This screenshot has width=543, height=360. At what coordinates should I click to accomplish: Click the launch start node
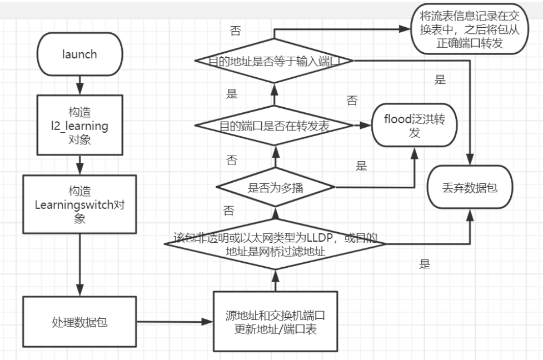pos(79,54)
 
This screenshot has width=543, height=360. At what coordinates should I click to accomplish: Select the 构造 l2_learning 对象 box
pos(79,125)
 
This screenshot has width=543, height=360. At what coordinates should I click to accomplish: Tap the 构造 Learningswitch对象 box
pos(79,204)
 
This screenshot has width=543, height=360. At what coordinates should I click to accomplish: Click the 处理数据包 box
pos(79,322)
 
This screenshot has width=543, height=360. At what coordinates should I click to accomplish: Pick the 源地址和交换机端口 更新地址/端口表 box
pos(275,322)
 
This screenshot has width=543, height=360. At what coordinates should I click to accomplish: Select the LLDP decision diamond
pos(275,244)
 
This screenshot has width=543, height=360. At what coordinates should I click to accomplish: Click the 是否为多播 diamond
pos(275,187)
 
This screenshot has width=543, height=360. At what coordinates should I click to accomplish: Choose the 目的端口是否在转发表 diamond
pos(274,126)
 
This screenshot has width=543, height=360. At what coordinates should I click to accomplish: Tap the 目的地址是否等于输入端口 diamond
pos(274,61)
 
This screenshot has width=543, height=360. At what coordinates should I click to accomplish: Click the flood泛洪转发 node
pos(415,126)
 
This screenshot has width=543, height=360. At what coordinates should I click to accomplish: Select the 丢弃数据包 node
pos(470,187)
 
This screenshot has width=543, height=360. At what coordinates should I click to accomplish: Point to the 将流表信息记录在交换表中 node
pos(470,29)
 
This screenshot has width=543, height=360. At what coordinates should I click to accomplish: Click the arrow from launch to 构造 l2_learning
pos(80,85)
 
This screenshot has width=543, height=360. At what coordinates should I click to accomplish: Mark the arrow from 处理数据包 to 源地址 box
pos(175,322)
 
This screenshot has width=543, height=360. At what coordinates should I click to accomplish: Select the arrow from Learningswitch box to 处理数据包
pos(80,265)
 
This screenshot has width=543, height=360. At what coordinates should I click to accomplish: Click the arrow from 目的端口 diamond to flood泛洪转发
pos(362,126)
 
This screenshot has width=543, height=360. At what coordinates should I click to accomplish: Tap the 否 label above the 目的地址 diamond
pos(236,31)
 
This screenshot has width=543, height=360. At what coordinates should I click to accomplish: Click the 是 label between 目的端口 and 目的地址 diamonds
pos(232,94)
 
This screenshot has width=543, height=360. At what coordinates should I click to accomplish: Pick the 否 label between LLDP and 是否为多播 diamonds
pos(228,211)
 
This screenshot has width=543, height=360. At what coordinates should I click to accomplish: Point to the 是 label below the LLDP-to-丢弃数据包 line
pos(425,264)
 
